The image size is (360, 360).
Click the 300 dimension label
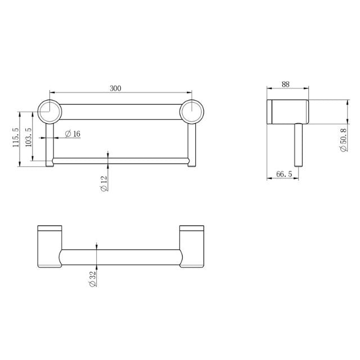[115, 88]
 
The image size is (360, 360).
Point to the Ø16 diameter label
[73, 134]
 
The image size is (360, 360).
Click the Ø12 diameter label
[104, 183]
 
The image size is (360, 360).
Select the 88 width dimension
[286, 84]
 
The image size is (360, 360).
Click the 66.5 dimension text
[284, 175]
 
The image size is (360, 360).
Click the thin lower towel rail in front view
[121, 161]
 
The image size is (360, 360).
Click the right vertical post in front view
[192, 142]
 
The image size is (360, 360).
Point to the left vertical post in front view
[49, 142]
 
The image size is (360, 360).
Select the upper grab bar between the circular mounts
[121, 111]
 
